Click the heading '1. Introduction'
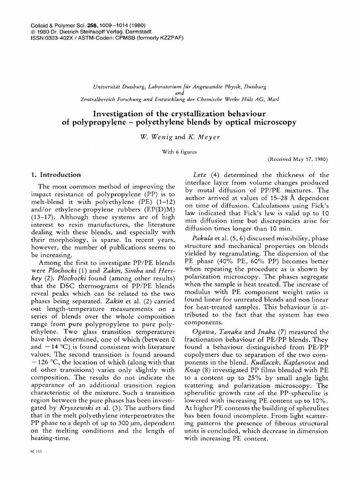coord(56,175)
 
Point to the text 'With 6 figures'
coord(180,151)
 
